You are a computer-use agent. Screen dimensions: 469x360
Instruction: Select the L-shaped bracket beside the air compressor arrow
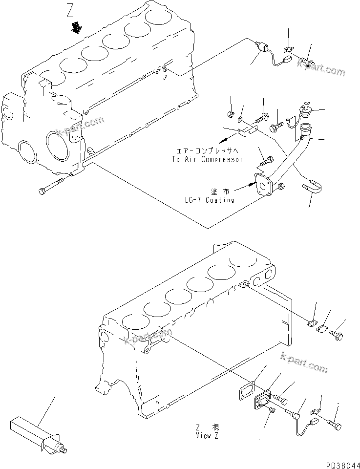click(248, 130)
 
